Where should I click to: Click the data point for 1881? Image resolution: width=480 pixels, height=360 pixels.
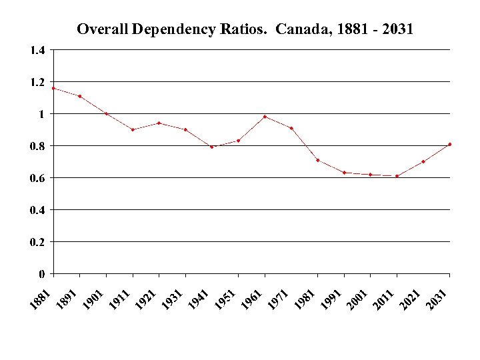(x=53, y=88)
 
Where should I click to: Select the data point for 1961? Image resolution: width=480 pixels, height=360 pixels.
(x=265, y=117)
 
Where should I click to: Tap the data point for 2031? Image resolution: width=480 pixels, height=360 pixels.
(x=450, y=144)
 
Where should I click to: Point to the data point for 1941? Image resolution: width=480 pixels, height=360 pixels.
(x=212, y=147)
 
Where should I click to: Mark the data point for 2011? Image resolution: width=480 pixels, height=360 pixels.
(x=397, y=176)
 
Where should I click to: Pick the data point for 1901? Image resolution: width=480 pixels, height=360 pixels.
(x=107, y=113)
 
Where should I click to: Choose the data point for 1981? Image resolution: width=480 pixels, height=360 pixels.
(x=318, y=160)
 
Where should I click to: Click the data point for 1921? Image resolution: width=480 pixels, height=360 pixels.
(x=159, y=123)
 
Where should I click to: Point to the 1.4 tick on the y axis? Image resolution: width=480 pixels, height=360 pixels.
(x=37, y=50)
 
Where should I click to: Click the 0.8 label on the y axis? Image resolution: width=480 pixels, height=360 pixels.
(x=37, y=146)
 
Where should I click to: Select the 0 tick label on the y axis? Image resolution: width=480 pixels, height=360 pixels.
(x=42, y=274)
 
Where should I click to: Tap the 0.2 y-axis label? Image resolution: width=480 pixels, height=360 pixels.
(x=37, y=242)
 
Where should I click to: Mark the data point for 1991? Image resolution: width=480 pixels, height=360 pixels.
(x=344, y=173)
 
